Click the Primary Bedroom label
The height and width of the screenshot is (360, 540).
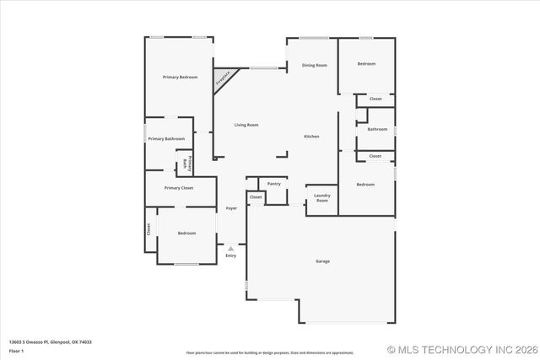180,77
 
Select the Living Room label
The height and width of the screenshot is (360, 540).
246,125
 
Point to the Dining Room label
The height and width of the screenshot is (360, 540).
315,65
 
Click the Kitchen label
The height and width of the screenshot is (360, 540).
311,137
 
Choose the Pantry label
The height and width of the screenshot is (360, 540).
274,183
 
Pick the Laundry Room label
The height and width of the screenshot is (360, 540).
321,199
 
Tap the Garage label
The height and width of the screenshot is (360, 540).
322,261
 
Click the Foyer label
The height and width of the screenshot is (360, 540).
231,207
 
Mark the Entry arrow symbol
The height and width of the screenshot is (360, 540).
230,248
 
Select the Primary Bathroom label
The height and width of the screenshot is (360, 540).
166,138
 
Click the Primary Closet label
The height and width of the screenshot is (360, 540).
179,188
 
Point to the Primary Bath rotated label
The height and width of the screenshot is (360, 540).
187,163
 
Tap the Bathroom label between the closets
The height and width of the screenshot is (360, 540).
376,128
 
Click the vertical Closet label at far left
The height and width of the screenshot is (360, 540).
149,228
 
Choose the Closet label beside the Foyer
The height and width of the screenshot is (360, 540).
256,197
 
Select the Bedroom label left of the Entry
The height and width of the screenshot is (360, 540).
186,233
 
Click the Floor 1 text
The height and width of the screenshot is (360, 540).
16,350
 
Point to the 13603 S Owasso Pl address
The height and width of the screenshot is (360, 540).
50,342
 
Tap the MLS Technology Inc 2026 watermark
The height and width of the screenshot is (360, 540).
462,349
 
